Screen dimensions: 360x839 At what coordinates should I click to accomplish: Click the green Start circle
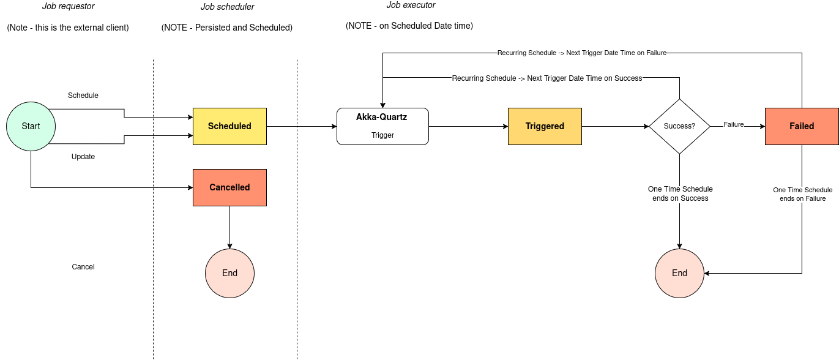point(31,126)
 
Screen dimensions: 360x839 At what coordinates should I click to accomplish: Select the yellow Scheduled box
point(229,126)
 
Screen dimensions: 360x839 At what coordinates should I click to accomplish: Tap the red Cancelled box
point(229,187)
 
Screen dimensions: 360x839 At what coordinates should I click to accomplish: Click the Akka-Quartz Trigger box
point(382,126)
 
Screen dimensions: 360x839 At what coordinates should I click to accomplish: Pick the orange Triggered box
point(545,126)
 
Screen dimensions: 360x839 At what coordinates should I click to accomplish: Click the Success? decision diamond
point(679,126)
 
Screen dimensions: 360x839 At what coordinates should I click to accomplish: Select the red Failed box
point(802,126)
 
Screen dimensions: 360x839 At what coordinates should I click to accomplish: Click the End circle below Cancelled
point(229,273)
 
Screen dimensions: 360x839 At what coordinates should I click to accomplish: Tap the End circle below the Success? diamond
point(679,273)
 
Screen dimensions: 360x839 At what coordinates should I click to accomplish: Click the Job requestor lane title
point(69,7)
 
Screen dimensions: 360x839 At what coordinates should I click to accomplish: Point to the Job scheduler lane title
point(227,7)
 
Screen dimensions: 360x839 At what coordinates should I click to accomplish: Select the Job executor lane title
point(411,5)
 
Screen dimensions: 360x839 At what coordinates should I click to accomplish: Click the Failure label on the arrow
point(734,125)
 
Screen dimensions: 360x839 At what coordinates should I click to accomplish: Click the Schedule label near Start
point(83,96)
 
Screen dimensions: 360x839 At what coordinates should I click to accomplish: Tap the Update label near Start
point(83,157)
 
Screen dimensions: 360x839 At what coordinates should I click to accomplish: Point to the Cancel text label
point(83,267)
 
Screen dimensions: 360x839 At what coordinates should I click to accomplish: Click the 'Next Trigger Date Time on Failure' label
point(581,53)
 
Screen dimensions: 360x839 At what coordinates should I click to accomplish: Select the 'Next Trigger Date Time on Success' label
point(547,78)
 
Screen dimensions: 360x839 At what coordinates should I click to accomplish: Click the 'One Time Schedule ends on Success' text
point(680,193)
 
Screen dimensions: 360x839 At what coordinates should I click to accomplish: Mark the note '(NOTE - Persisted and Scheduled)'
point(227,28)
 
